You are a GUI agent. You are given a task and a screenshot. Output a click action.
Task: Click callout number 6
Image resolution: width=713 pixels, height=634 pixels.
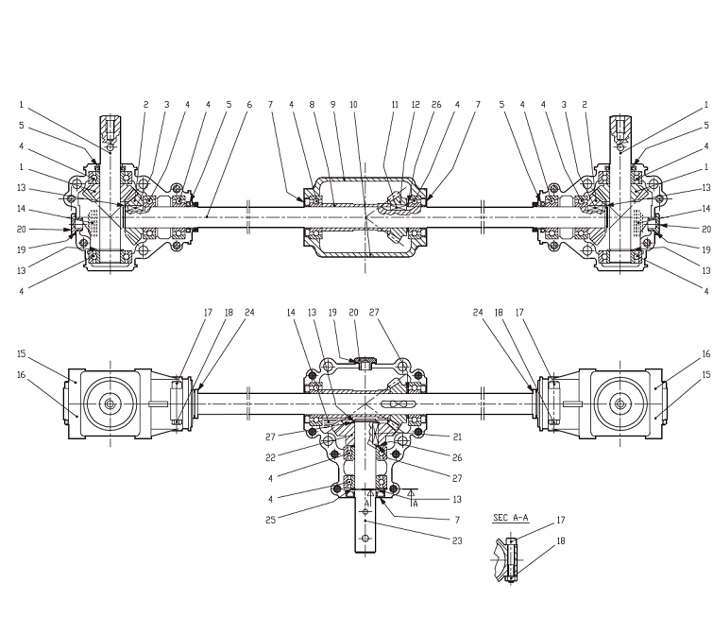(x=249, y=104)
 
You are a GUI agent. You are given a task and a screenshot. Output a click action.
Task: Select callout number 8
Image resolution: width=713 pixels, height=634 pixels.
(x=313, y=104)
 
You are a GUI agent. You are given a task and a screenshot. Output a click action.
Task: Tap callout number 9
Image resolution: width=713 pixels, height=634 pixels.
(x=333, y=104)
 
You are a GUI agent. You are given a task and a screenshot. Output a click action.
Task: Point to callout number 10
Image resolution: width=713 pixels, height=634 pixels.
(x=353, y=104)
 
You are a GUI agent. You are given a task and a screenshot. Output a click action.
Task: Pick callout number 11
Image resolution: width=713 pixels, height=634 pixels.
(x=395, y=104)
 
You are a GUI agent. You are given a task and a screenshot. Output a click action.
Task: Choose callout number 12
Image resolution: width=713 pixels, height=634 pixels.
(x=416, y=104)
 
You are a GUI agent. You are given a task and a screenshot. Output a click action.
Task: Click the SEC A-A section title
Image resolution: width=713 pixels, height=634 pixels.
(x=511, y=518)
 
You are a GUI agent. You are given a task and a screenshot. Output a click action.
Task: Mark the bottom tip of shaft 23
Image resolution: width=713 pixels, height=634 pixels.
(x=365, y=551)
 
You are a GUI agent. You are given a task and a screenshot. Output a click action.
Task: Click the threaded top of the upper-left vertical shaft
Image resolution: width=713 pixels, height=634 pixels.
(x=110, y=125)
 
